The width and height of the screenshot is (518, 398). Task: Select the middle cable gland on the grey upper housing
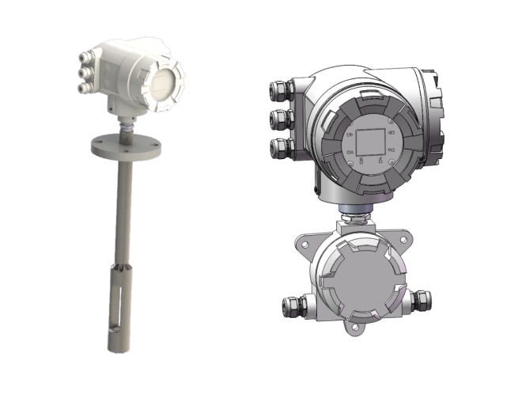[x=278, y=119]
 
